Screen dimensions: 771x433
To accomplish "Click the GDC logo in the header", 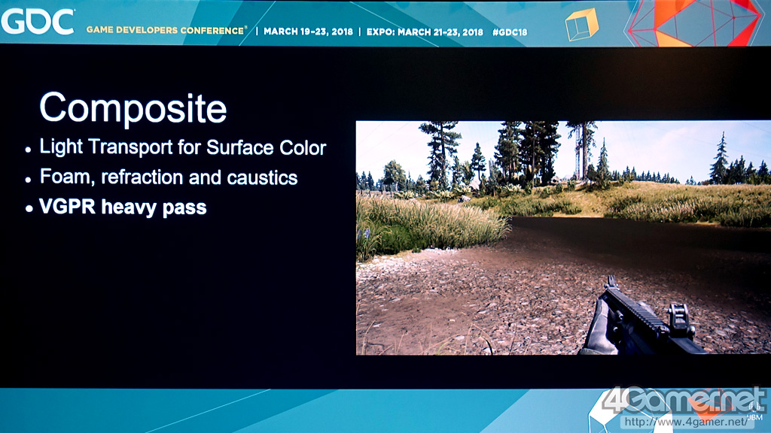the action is (38, 22).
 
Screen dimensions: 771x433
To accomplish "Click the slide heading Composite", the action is (133, 108).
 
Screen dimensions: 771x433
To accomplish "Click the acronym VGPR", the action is (67, 207).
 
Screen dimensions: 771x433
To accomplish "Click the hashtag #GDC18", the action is (510, 32).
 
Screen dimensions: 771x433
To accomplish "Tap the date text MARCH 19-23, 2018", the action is (308, 32).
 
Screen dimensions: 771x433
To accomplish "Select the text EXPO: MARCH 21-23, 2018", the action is (425, 32).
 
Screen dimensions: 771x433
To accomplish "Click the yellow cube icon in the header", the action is (582, 25).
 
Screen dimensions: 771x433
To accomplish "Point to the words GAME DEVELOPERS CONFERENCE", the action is (166, 30).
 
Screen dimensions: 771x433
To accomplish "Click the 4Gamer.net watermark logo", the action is (684, 400).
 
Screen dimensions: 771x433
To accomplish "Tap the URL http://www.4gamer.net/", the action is (686, 422).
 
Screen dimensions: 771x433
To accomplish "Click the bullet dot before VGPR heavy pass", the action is (29, 209).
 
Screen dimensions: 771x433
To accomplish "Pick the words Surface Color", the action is (266, 148).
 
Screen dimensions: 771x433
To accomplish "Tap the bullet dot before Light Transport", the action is (29, 150).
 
